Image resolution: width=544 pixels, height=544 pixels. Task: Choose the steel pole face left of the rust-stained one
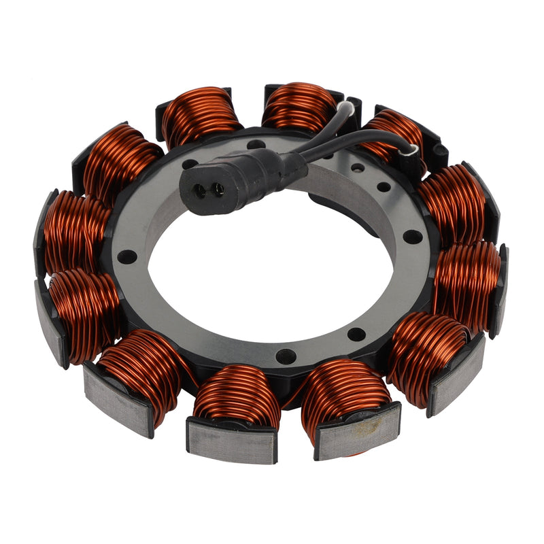[231, 440]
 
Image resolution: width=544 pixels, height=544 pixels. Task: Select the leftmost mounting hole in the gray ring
[126, 256]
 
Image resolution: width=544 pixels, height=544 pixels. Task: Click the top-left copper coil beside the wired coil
[201, 116]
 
